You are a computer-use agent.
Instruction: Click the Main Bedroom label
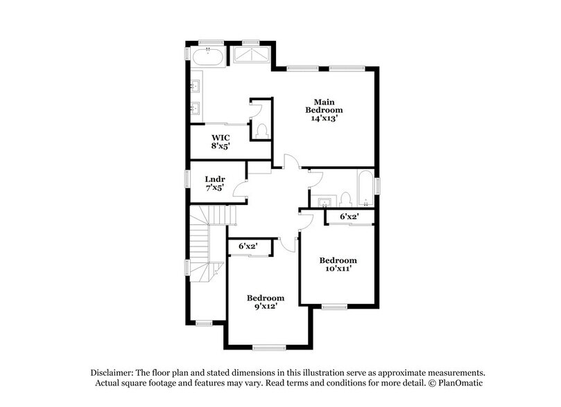click(325, 110)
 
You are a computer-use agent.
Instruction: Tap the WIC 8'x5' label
click(221, 141)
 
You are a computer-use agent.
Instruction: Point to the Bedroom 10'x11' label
click(338, 264)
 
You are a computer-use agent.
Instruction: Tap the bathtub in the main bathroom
click(208, 57)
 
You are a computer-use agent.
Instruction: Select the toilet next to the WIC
click(261, 130)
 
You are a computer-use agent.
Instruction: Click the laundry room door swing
click(241, 188)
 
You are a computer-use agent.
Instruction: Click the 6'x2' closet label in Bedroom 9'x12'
click(248, 246)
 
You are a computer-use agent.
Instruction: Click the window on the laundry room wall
click(187, 178)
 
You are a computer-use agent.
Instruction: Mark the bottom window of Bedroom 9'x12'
click(265, 347)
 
